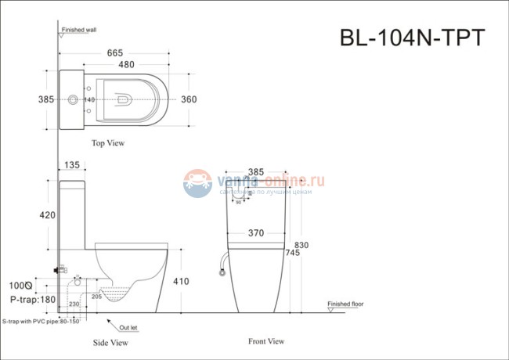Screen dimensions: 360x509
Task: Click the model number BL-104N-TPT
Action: click(413, 38)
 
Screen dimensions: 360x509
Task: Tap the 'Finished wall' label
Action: click(80, 29)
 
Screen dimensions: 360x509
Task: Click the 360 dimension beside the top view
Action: click(189, 99)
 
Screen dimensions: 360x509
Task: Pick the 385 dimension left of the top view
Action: click(45, 99)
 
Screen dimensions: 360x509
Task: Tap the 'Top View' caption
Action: click(108, 143)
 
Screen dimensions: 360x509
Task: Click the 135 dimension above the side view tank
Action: click(72, 165)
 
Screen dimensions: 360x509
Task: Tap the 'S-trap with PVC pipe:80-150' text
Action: click(41, 320)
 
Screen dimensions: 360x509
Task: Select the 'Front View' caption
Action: click(266, 341)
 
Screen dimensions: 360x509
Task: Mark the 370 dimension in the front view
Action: click(254, 232)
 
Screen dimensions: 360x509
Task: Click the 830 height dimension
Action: click(301, 244)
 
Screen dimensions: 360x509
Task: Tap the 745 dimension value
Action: click(293, 253)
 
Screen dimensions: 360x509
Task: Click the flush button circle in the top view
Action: click(73, 99)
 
